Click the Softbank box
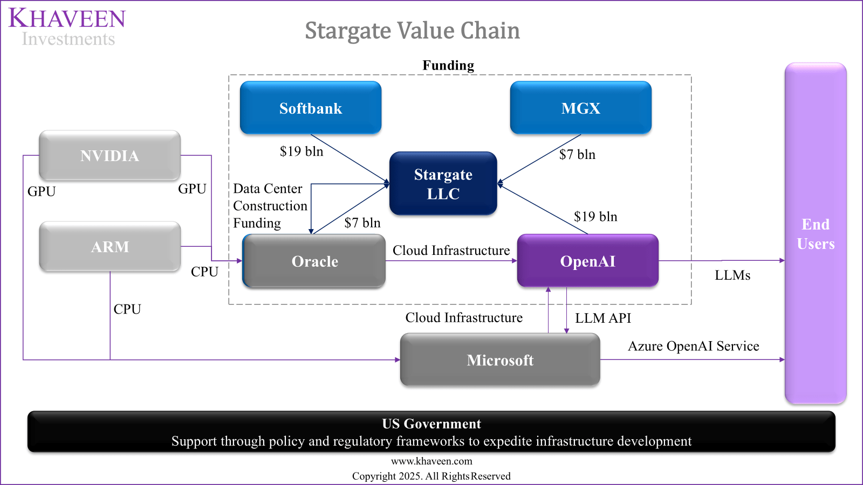(x=311, y=108)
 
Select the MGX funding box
(x=581, y=108)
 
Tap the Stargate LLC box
(x=443, y=184)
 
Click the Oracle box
(x=314, y=261)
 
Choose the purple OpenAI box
(x=587, y=261)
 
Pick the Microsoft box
(x=500, y=360)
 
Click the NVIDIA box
(x=109, y=156)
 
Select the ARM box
(x=109, y=247)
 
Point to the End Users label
(x=816, y=234)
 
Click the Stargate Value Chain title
(x=412, y=31)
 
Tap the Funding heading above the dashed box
(x=448, y=66)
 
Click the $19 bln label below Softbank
(x=301, y=151)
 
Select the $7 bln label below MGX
(x=577, y=155)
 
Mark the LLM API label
(x=603, y=318)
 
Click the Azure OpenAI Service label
(x=693, y=346)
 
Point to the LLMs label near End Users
(x=732, y=275)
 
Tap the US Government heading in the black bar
(x=431, y=424)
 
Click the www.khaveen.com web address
(x=432, y=461)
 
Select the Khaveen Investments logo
(x=67, y=27)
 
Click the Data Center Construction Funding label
(x=270, y=206)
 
